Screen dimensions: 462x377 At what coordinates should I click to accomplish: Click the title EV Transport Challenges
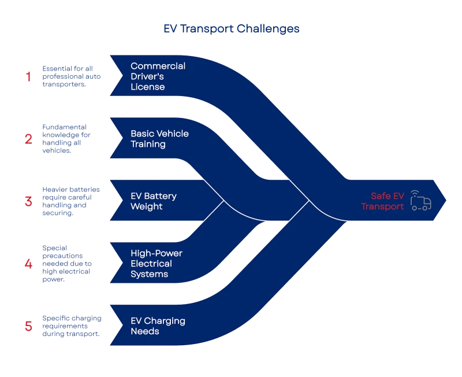point(232,29)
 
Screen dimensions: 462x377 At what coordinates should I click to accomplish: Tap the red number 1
point(28,76)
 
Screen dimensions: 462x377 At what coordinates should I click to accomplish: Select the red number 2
point(28,139)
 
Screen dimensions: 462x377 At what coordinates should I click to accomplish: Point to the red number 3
point(28,201)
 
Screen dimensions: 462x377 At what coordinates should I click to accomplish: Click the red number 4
point(28,264)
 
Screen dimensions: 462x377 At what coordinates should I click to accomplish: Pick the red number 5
point(28,326)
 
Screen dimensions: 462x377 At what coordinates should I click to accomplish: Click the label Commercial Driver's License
point(158,76)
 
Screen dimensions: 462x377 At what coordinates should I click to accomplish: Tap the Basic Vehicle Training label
point(159,139)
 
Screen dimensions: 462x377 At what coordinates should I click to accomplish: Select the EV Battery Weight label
point(154,201)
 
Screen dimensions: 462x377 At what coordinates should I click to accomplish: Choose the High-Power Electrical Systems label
point(157,264)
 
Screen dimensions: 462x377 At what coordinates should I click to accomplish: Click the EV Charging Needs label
point(158,326)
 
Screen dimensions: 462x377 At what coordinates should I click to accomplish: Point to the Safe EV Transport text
point(382,201)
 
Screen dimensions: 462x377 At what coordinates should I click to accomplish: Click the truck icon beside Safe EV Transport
point(421,200)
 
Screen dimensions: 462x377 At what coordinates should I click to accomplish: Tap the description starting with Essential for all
point(71,76)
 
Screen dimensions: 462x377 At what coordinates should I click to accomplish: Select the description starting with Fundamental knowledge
point(66,139)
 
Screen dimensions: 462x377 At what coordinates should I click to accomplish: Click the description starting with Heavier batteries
point(70,201)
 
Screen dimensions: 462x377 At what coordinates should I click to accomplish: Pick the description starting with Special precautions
point(67,264)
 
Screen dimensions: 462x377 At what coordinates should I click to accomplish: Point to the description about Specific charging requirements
point(72,326)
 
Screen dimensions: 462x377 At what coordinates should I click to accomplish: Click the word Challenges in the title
point(268,29)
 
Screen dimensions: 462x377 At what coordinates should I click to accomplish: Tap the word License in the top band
point(148,87)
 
